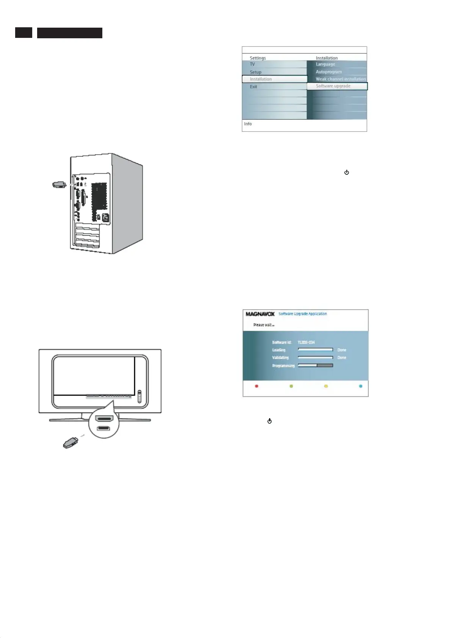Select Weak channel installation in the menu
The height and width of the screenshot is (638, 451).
coord(340,79)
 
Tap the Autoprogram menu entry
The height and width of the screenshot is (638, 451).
coord(329,72)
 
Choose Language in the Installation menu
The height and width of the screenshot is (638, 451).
coord(325,64)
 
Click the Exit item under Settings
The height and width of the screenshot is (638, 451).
coord(254,87)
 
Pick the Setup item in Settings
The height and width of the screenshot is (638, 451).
coord(255,72)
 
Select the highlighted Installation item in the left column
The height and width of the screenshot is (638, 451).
coord(274,79)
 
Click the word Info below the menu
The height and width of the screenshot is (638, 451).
coord(248,124)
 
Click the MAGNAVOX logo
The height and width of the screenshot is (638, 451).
coord(260,314)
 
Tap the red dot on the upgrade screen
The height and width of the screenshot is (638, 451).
coord(257,386)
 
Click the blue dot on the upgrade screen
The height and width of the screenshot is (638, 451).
coord(360,386)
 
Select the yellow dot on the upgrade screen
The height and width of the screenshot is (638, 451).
coord(326,386)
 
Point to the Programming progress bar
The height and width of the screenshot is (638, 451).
coord(315,366)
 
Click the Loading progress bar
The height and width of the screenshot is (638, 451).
coord(315,350)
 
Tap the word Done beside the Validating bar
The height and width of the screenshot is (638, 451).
coord(341,358)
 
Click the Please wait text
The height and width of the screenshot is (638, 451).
coord(263,325)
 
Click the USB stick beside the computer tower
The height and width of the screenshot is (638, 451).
coord(59,185)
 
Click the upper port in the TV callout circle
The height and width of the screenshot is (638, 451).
coord(104,419)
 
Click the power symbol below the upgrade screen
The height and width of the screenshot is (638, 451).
coord(269,421)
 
